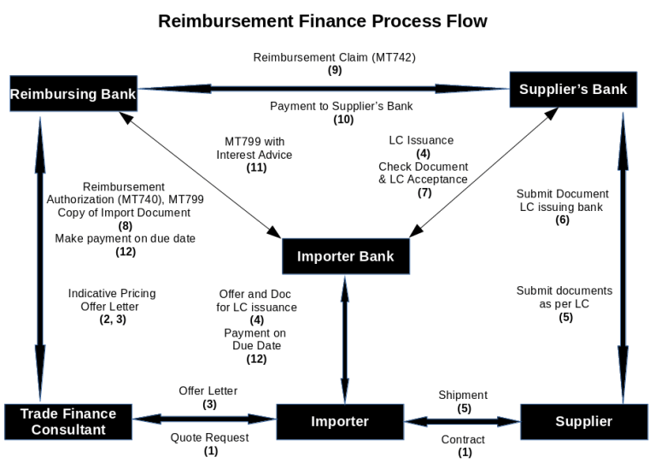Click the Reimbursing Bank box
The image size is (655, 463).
[73, 93]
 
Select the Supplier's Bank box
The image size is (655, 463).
[573, 89]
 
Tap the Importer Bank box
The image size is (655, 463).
[345, 255]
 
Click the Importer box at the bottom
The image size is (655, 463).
[339, 421]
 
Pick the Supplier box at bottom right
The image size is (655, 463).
[583, 421]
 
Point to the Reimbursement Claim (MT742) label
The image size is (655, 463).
[334, 57]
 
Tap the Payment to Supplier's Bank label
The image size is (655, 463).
[342, 106]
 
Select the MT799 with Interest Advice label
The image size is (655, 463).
[254, 148]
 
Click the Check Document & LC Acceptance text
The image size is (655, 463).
[424, 173]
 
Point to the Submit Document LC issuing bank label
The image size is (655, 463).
[562, 200]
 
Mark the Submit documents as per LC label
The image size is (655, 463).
[564, 296]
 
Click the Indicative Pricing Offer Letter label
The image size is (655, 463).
[112, 299]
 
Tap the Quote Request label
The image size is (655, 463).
[210, 437]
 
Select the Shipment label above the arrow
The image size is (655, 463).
[462, 395]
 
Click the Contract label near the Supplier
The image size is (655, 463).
[464, 439]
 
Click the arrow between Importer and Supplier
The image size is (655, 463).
[462, 420]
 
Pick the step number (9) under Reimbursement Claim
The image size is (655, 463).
[334, 70]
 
